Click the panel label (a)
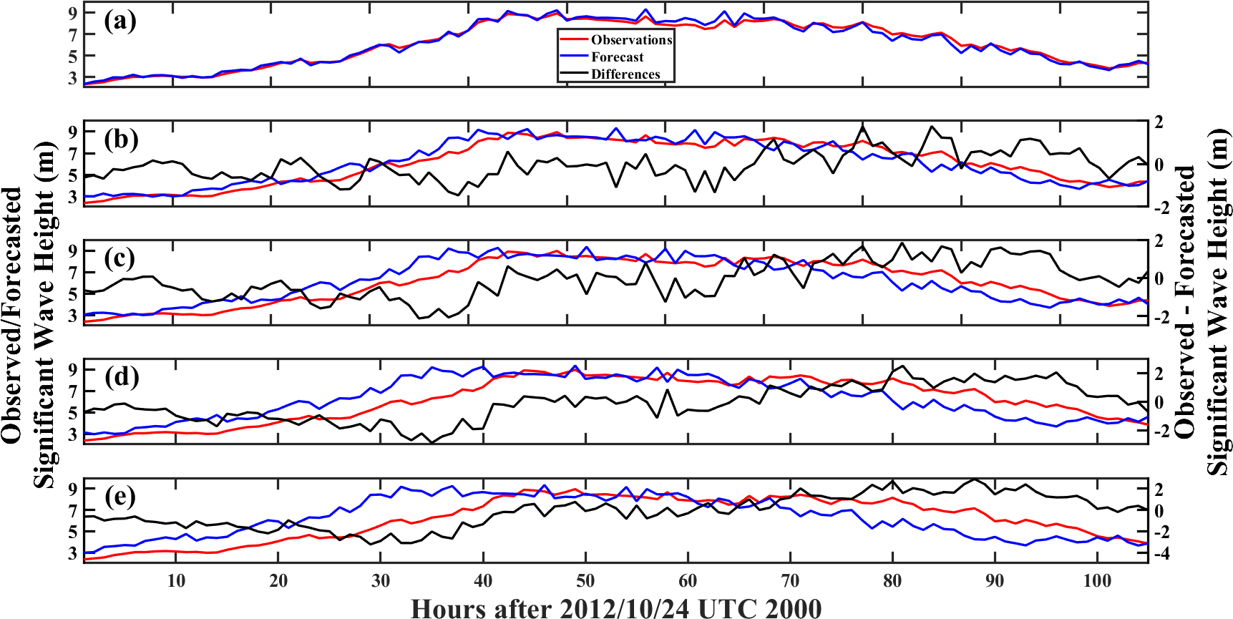(120, 21)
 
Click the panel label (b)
(120, 139)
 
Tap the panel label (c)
(120, 258)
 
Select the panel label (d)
(120, 376)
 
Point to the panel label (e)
(120, 496)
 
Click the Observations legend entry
(631, 40)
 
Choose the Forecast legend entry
(617, 57)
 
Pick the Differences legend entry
(625, 74)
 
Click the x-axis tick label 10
(176, 580)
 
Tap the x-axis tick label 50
(585, 580)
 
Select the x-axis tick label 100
(1096, 580)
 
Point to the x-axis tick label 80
(892, 580)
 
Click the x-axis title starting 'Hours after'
(616, 608)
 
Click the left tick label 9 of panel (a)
(73, 13)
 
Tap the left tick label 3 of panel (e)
(73, 553)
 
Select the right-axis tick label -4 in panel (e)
(1162, 553)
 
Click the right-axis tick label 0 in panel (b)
(1159, 165)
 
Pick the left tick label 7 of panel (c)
(73, 273)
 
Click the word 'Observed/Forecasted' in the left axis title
(12, 315)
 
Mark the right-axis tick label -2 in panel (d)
(1162, 432)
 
